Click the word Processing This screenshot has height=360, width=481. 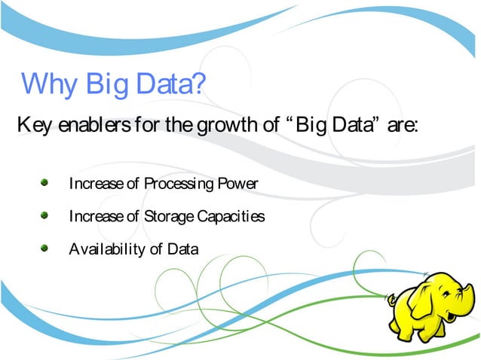point(179,184)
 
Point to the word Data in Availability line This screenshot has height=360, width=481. point(183,249)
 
